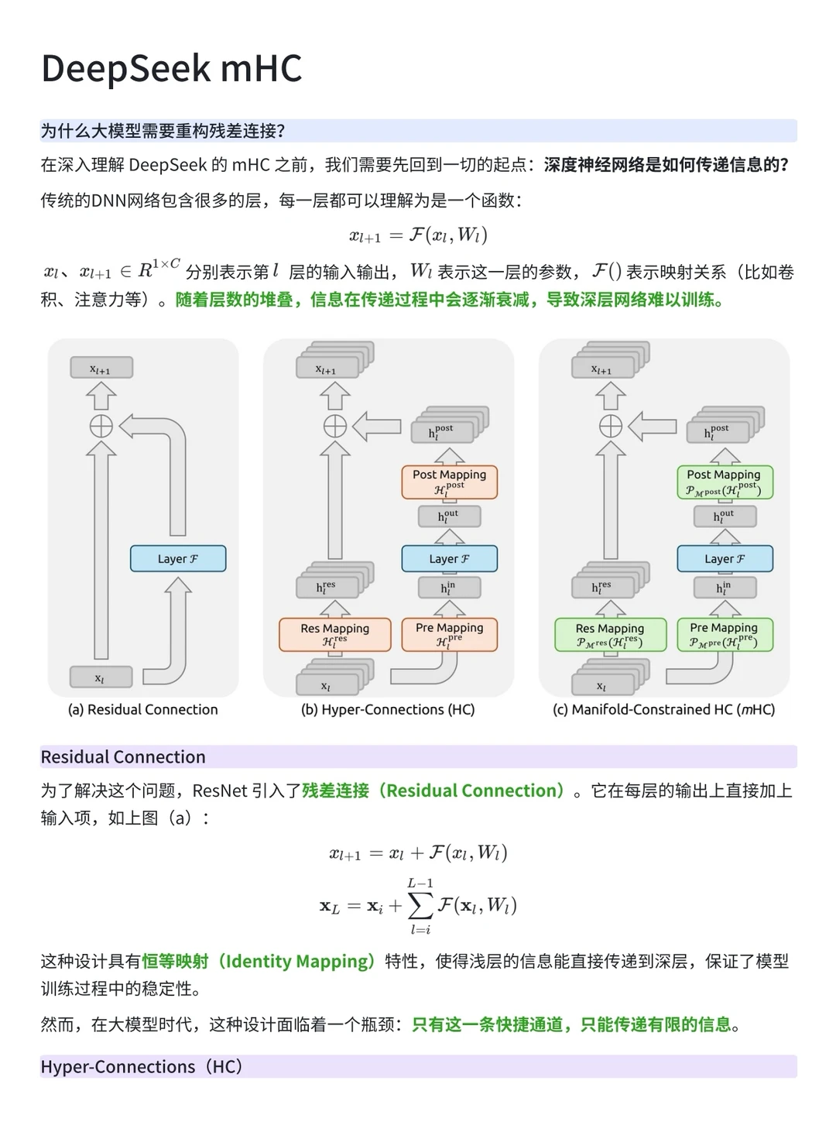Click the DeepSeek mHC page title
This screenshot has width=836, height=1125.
(x=171, y=68)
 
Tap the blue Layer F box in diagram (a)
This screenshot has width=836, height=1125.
(x=178, y=558)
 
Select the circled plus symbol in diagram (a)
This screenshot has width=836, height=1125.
(x=101, y=426)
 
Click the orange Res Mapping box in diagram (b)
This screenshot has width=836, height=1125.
(x=334, y=634)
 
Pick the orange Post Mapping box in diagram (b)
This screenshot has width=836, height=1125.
(x=449, y=481)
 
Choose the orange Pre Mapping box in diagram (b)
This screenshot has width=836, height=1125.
(x=449, y=633)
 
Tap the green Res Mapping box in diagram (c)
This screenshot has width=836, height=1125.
(x=610, y=634)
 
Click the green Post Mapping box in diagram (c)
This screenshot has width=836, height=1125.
(x=725, y=481)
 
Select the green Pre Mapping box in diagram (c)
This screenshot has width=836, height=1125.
(x=725, y=633)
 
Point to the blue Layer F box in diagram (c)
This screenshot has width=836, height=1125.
(x=725, y=558)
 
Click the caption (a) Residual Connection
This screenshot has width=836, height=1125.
(x=143, y=709)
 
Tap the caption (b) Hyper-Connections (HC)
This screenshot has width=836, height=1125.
(x=388, y=709)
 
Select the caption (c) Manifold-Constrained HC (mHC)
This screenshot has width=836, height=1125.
(x=663, y=709)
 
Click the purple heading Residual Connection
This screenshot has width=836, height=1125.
(x=123, y=756)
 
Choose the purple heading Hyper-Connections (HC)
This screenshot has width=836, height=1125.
(x=142, y=1066)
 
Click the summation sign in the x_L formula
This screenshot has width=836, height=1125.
(x=420, y=905)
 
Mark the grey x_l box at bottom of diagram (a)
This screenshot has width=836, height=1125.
(x=101, y=677)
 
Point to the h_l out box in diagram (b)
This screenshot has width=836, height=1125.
(x=449, y=516)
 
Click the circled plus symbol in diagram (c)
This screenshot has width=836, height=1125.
(x=611, y=426)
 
